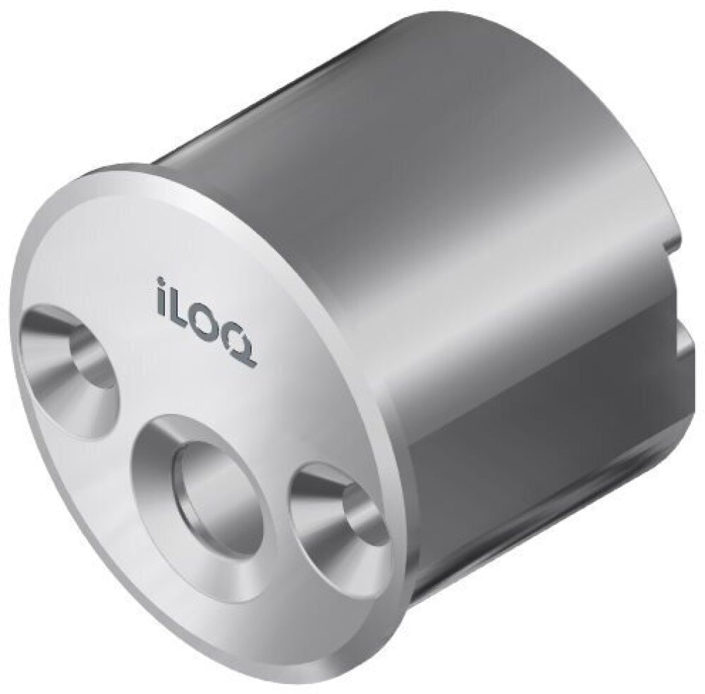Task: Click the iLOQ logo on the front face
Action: (207, 323)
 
